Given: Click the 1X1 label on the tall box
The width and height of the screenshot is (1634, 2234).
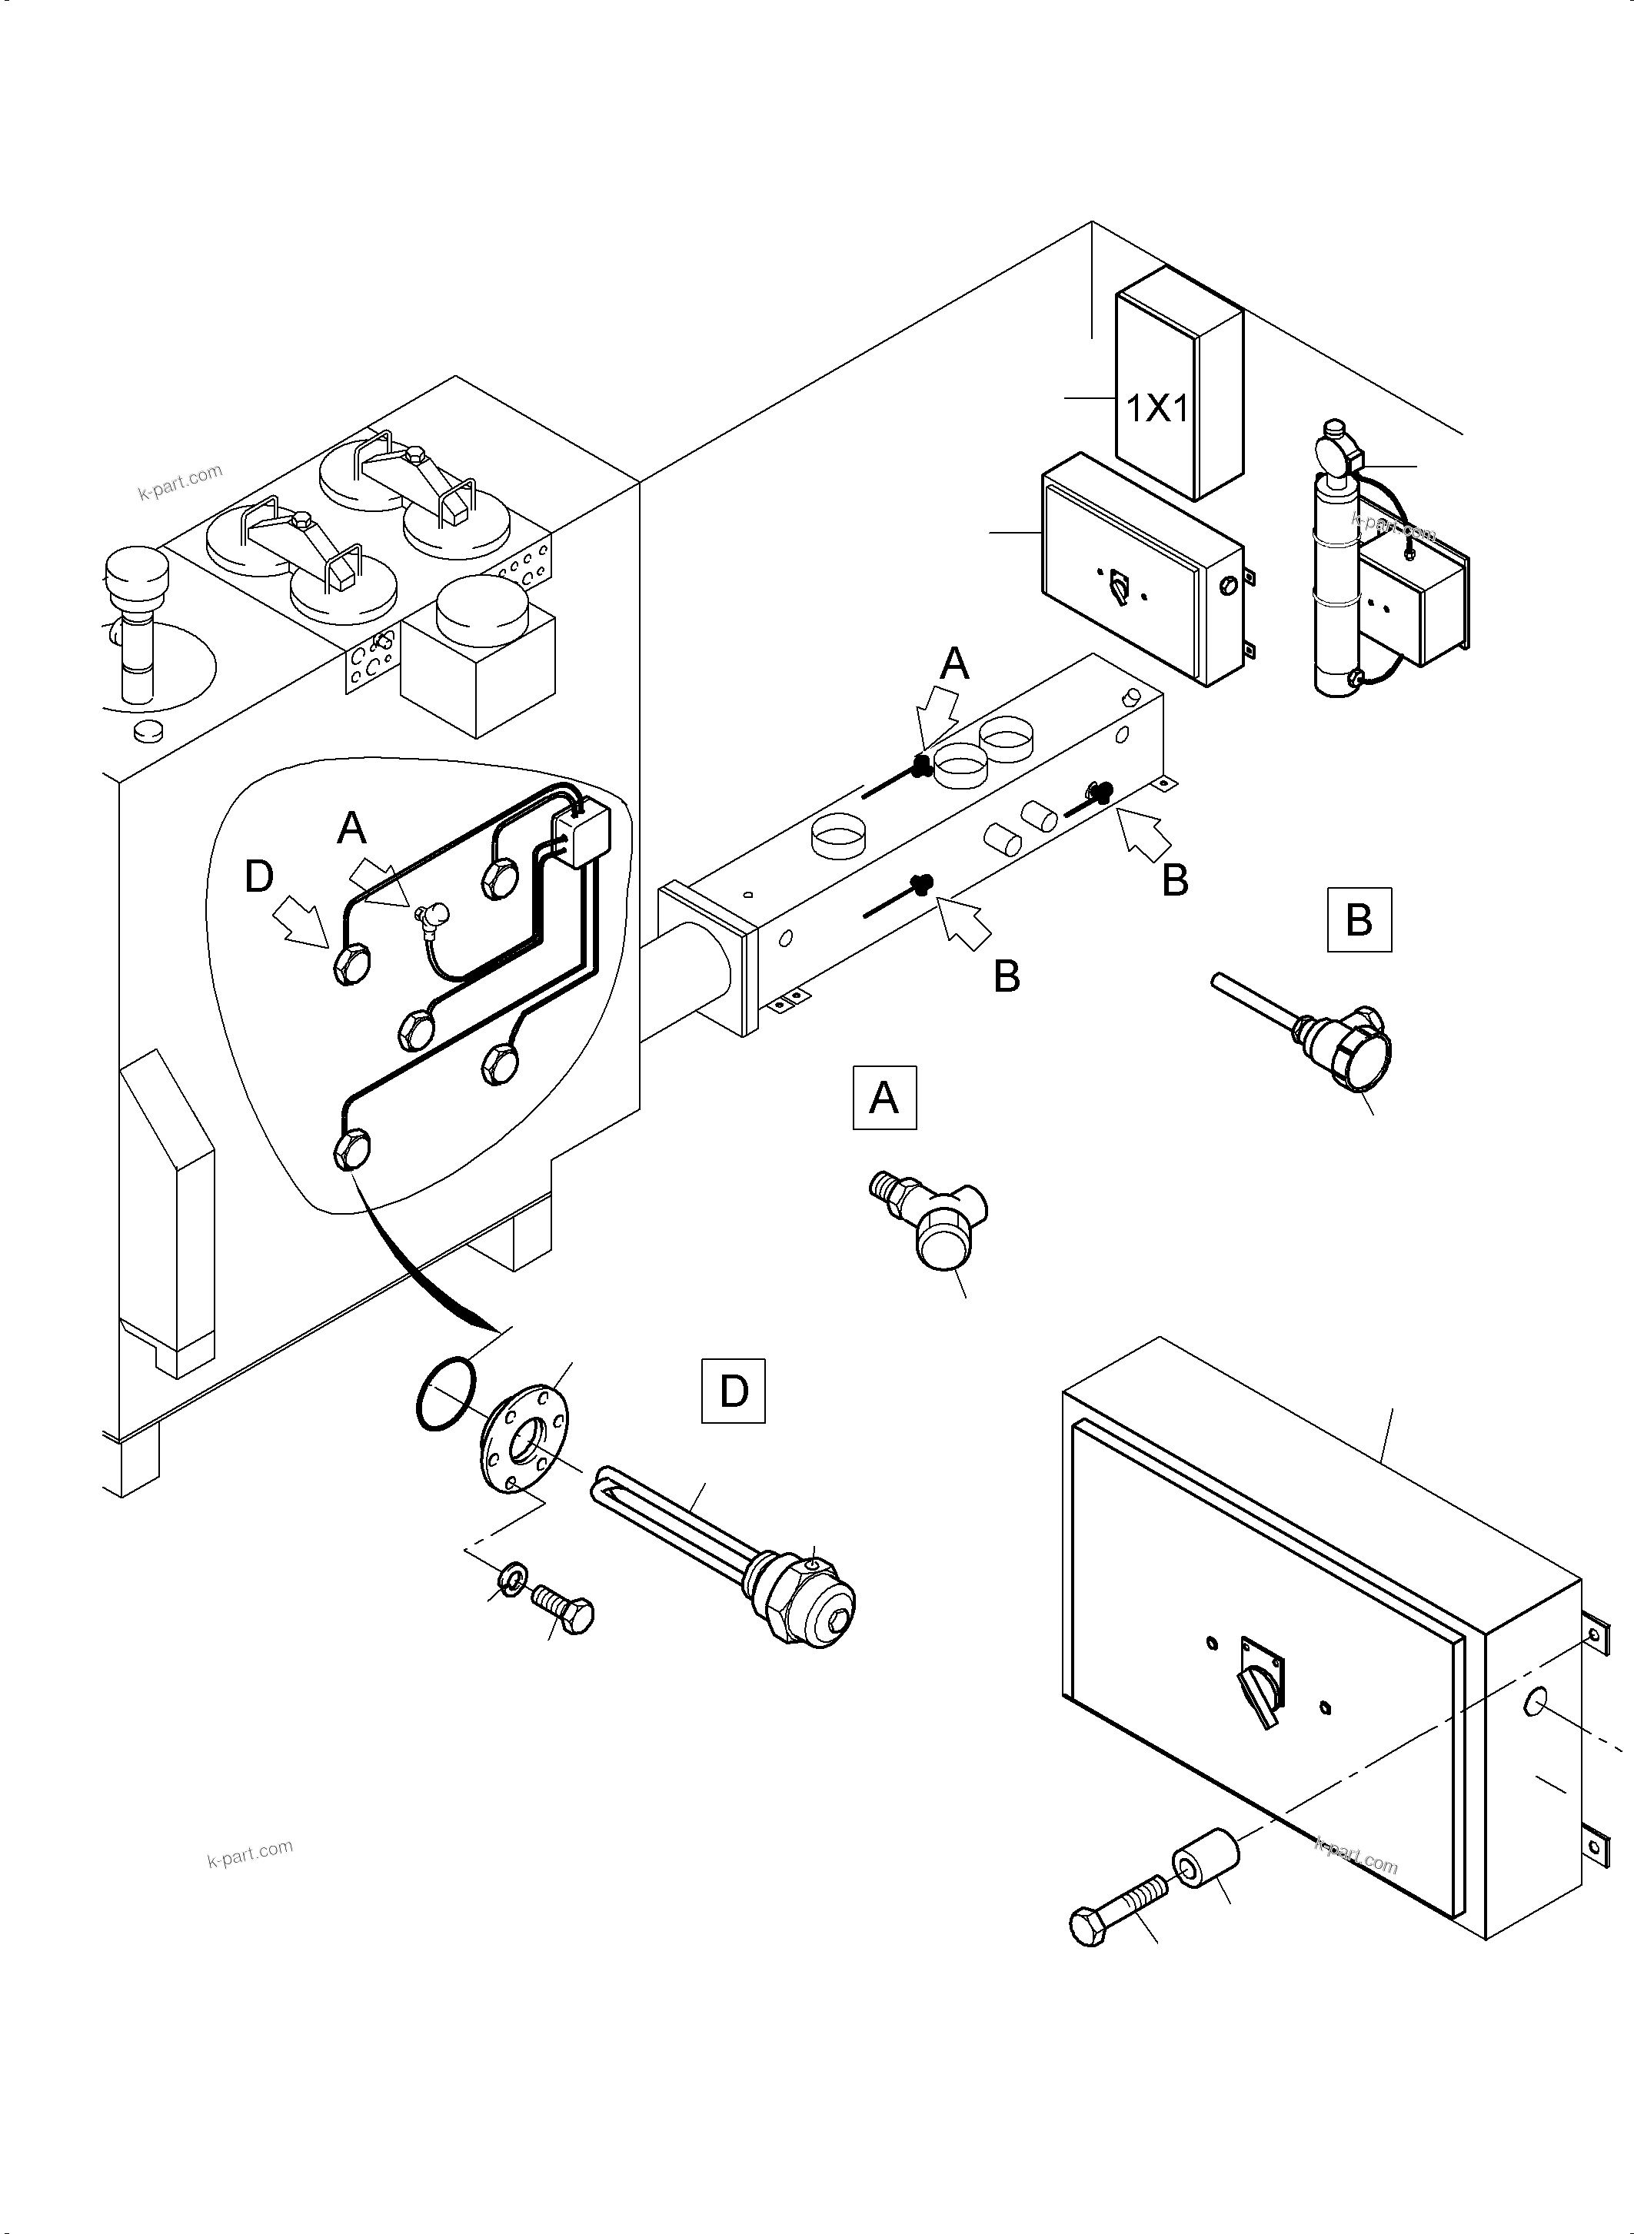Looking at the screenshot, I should coord(1156,407).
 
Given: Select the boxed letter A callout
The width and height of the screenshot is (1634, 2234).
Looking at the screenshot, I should coord(884,1097).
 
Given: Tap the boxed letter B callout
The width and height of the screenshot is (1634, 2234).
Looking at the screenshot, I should coord(1359,919).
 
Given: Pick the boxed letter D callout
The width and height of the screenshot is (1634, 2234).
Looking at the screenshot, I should coord(733,1391).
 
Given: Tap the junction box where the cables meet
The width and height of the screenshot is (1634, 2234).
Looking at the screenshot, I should coord(581,833).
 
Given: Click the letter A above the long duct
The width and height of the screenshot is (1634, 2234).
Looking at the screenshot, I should coord(954,663).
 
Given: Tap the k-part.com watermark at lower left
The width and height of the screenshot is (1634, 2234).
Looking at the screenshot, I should coord(249,1853).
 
